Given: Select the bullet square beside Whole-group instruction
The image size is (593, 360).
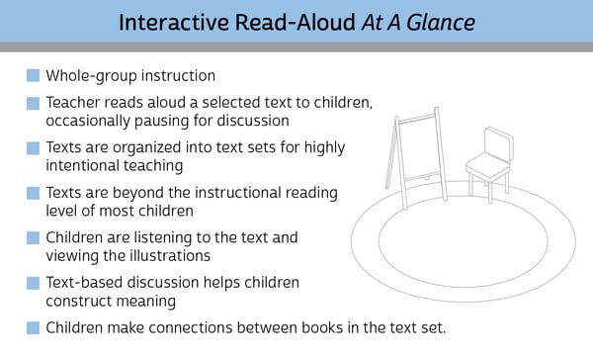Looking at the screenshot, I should pos(34,75).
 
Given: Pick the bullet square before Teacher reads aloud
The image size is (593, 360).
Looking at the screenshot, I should pos(34,103).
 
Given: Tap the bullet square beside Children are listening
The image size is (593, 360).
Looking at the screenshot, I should pos(34,237).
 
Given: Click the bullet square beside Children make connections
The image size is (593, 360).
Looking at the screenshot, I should pos(34,327).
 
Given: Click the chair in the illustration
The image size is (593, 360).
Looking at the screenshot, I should pos(489,164).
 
